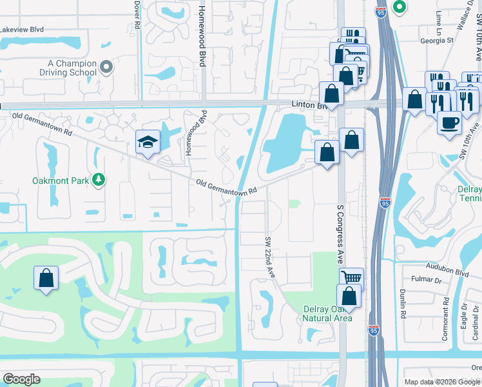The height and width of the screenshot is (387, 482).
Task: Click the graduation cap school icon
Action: coord(148,142)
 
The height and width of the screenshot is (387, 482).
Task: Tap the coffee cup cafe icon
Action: coord(449,122)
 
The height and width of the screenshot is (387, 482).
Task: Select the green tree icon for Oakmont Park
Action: coord(99,179)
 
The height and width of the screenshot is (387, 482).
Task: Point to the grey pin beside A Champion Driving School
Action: coord(107,67)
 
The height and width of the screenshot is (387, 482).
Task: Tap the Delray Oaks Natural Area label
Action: coord(327,313)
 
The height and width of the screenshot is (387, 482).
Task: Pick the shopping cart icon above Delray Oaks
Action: coord(351,278)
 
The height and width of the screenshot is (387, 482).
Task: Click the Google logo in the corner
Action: coord(21,379)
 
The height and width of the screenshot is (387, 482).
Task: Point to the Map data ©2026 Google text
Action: coord(441,382)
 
